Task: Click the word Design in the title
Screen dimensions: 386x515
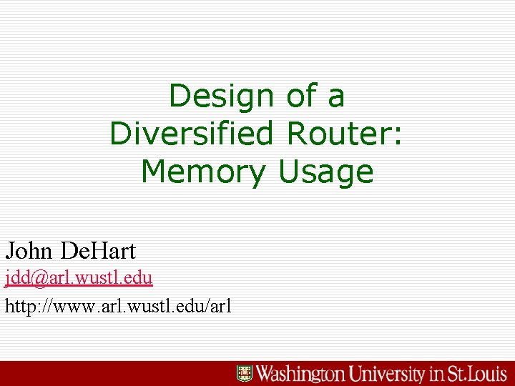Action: [222, 96]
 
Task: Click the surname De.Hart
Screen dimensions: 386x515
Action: [98, 251]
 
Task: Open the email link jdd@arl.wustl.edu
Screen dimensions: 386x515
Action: [79, 277]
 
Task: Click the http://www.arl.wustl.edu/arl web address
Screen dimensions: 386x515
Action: [118, 307]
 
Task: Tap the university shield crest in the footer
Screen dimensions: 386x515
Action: [245, 373]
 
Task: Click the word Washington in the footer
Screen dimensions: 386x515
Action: [302, 373]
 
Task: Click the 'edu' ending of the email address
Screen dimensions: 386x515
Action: [139, 277]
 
